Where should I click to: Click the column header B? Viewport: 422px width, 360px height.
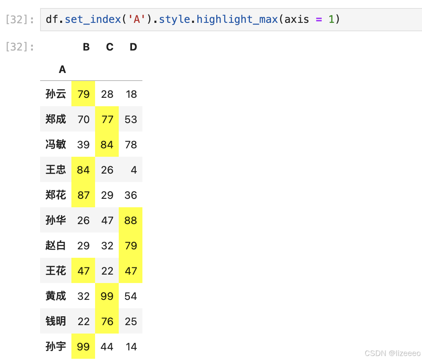(x=86, y=47)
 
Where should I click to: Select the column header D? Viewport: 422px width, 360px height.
(x=133, y=47)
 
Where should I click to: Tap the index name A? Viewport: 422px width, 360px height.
(x=62, y=70)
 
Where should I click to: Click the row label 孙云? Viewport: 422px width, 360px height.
(x=56, y=94)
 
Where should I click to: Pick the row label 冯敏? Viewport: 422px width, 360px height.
(x=56, y=144)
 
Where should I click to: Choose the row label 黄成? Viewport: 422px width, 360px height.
(x=56, y=296)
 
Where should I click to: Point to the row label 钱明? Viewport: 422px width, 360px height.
(x=56, y=322)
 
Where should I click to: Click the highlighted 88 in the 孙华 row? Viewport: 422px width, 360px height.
(x=131, y=220)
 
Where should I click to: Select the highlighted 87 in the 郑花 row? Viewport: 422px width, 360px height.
(x=83, y=195)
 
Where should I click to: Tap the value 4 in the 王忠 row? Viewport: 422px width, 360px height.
(x=134, y=170)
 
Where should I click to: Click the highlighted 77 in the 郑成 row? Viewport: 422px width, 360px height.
(x=107, y=119)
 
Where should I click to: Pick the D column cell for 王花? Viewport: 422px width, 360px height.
(x=131, y=271)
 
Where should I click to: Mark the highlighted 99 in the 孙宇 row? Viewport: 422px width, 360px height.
(x=83, y=347)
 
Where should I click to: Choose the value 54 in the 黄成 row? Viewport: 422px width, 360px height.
(x=131, y=296)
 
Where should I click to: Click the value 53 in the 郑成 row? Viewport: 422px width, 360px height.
(x=131, y=119)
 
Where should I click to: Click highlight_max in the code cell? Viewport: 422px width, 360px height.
(x=237, y=19)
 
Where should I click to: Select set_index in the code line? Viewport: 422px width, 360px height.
(x=93, y=19)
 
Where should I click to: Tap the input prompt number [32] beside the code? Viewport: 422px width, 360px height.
(x=20, y=20)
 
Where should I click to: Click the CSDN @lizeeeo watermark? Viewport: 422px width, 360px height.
(x=392, y=353)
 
